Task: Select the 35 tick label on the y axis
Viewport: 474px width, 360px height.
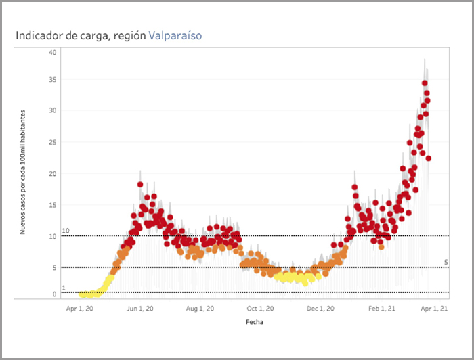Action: coord(53,80)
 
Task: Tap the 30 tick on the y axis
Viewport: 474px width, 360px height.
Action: coord(53,110)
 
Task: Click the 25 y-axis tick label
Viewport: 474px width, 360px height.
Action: coord(53,142)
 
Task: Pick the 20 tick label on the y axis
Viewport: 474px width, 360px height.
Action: coord(53,174)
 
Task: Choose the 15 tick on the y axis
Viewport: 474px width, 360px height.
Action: coord(53,206)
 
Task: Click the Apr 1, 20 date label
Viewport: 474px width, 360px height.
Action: coord(81,309)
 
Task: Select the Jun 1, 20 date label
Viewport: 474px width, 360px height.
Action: coord(140,309)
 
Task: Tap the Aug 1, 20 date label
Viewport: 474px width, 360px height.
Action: coord(200,309)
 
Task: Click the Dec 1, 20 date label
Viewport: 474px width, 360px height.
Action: coord(320,309)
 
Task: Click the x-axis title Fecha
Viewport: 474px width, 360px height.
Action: coord(255,322)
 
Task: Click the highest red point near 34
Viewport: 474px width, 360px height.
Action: coord(425,83)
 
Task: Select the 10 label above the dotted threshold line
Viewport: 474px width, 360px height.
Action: coord(66,231)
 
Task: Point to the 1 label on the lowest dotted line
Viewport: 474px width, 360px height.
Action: coord(64,288)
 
